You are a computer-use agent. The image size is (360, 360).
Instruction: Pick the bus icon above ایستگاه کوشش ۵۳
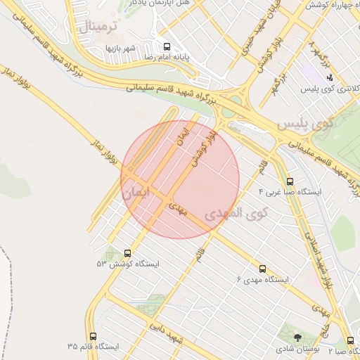(127, 253)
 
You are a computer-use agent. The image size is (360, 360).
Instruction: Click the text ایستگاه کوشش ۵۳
(128, 264)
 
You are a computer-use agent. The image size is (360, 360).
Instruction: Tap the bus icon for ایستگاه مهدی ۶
(263, 269)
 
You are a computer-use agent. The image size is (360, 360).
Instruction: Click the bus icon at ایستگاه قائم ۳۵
(94, 336)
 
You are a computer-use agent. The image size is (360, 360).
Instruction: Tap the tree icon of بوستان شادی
(297, 338)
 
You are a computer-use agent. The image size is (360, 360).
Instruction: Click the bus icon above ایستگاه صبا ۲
(350, 340)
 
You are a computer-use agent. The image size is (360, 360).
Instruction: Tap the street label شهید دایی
(167, 335)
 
